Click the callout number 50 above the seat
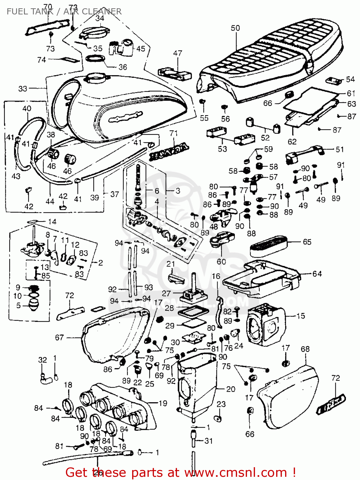coord(235,28)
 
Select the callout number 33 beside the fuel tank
coord(23,88)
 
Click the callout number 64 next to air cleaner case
coord(317,274)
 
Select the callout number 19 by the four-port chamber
coord(163,403)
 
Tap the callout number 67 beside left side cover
coord(60,337)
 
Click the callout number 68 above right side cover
coord(305,349)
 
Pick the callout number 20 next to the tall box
coord(230,389)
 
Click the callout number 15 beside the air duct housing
coord(300,316)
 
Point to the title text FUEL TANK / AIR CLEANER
coord(64,12)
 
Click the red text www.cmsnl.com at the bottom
coord(236,472)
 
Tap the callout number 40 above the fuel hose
coord(27,108)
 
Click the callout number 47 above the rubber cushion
coord(178,53)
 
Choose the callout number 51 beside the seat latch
coord(340,149)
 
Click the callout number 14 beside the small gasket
coord(52,221)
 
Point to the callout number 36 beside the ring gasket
coord(123,67)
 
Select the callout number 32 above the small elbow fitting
coord(43,360)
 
